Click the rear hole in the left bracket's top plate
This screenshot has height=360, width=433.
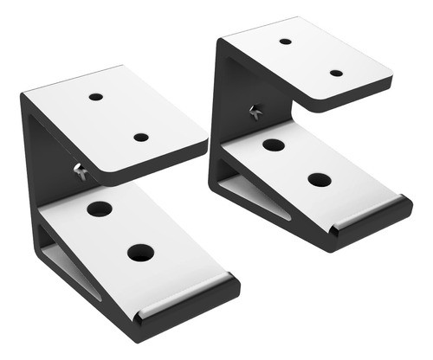tap(96, 96)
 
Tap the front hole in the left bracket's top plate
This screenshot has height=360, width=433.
tap(140, 137)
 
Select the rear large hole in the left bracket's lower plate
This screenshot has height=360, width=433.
tap(100, 209)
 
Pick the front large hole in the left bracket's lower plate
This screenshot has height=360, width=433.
tap(140, 253)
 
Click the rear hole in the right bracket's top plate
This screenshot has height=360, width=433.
tap(285, 41)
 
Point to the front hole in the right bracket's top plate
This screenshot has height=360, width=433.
tap(336, 73)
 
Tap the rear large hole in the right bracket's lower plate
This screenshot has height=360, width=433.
tap(274, 145)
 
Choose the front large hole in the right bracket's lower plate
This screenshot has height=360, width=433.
tap(320, 180)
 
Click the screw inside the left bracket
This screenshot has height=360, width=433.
tap(80, 170)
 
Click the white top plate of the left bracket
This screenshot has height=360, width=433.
tap(121, 121)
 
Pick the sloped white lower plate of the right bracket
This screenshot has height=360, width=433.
tap(312, 169)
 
